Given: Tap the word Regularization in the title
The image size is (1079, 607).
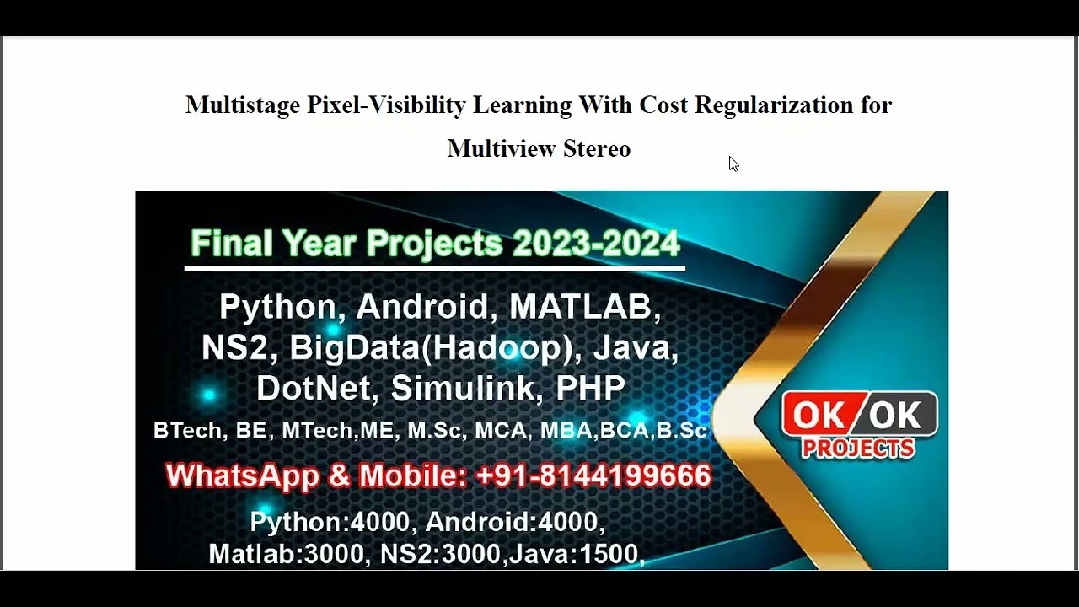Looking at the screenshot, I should (775, 105).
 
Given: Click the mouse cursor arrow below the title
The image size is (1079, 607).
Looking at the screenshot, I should (733, 164).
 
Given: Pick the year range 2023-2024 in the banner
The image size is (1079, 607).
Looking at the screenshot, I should (596, 244).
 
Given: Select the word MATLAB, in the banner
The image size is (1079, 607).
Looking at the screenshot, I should (585, 307).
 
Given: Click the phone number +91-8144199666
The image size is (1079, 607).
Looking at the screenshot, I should (593, 475).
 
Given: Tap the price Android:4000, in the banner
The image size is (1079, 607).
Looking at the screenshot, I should (515, 523).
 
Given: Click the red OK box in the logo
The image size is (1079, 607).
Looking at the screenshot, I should (820, 415).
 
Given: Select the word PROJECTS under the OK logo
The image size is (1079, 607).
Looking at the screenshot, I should (858, 449).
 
